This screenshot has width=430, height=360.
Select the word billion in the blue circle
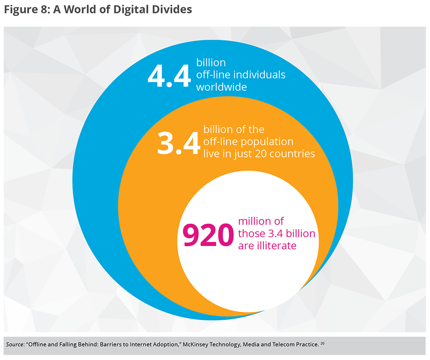(211, 63)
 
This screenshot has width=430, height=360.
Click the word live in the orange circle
(211, 154)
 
